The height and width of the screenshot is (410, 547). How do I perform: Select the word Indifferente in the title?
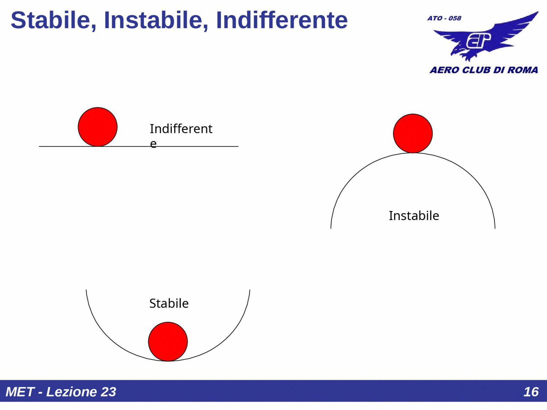click(x=282, y=20)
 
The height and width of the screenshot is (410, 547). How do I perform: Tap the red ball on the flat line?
click(x=98, y=127)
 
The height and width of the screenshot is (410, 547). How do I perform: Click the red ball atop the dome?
click(x=413, y=133)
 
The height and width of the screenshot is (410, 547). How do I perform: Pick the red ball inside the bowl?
click(x=168, y=341)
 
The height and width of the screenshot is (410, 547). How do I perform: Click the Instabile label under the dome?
click(x=414, y=216)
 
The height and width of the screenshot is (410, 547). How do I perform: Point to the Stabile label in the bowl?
click(x=169, y=303)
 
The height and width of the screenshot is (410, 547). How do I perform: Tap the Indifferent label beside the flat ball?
click(x=181, y=129)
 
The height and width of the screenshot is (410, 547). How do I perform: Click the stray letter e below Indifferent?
click(x=154, y=144)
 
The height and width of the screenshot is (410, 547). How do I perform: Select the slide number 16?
click(x=531, y=392)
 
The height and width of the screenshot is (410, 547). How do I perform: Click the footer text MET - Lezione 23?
click(x=61, y=392)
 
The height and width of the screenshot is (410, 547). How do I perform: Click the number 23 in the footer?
click(x=108, y=392)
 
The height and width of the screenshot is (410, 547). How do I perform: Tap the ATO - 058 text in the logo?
click(x=444, y=18)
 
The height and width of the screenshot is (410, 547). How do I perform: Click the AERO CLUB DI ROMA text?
click(x=484, y=70)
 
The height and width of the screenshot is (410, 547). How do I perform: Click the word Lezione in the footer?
click(x=71, y=392)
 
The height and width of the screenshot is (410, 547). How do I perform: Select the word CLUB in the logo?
click(x=476, y=70)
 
